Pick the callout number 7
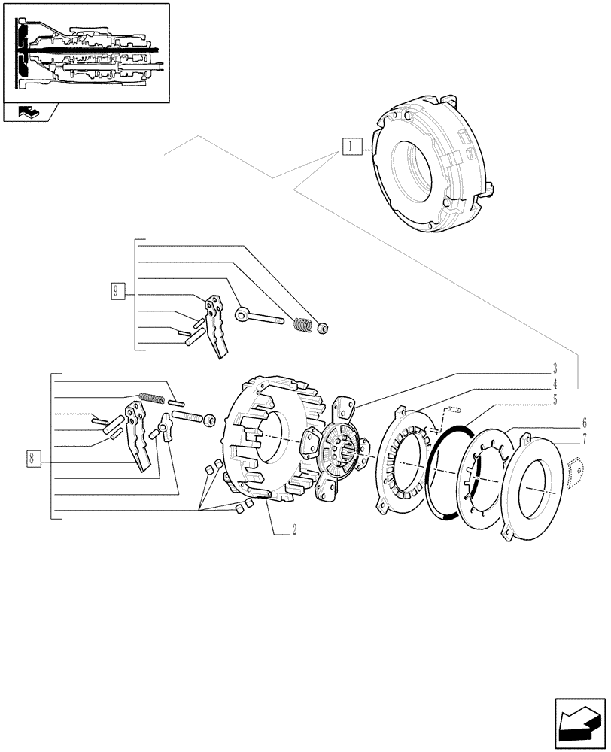[x=585, y=437]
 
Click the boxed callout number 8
[x=32, y=456]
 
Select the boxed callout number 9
[x=117, y=291]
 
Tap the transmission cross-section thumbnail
[x=85, y=52]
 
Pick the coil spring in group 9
[x=302, y=325]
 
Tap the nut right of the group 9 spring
[x=323, y=327]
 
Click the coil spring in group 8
[x=151, y=398]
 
